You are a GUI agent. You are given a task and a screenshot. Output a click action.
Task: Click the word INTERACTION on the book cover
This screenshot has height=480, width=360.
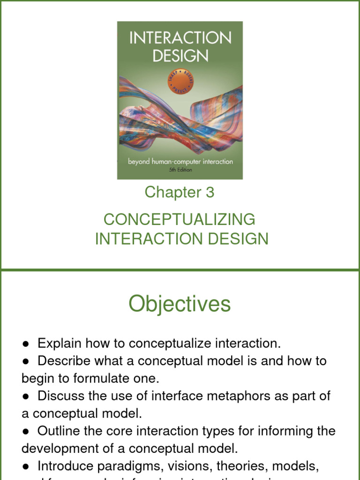(180, 38)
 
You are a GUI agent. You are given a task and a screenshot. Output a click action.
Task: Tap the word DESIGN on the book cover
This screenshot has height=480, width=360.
(180, 56)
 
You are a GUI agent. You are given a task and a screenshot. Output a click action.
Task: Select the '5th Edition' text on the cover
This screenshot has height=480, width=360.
(180, 170)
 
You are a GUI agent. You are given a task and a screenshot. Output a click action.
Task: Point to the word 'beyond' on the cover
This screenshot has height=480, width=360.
(142, 162)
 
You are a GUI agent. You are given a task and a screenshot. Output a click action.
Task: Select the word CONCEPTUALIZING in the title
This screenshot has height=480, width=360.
(180, 219)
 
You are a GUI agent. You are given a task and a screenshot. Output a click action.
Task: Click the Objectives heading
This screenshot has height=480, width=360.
(180, 304)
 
